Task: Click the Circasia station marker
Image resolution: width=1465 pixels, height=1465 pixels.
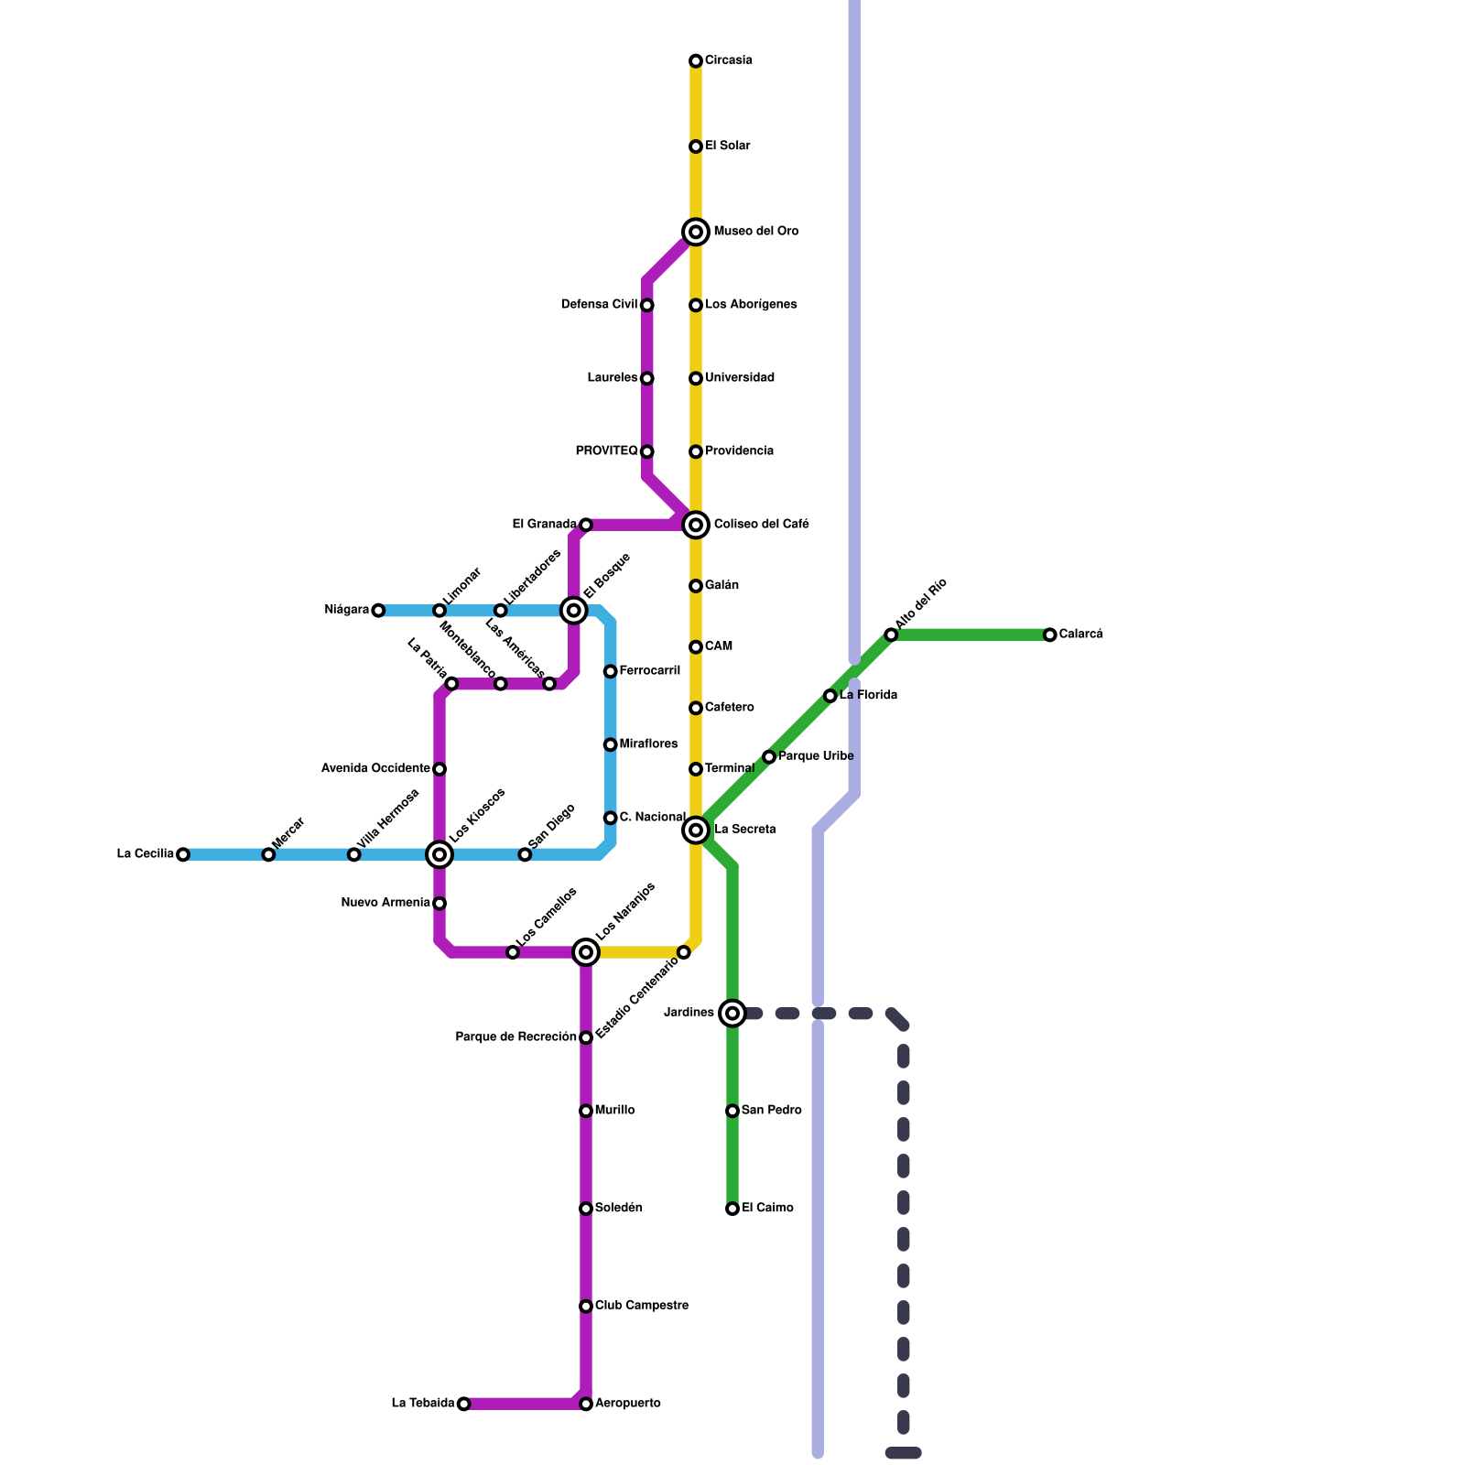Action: tap(696, 61)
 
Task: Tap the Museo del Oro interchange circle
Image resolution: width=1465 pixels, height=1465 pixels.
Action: tap(696, 233)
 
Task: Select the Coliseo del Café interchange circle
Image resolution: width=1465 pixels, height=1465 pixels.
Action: tap(696, 525)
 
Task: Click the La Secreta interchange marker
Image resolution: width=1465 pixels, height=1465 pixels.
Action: tap(696, 830)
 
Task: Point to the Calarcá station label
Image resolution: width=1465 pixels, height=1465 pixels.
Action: tap(1080, 635)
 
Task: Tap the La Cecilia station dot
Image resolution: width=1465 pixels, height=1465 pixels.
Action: tap(183, 855)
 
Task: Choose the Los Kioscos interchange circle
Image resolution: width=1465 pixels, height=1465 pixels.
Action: tap(439, 855)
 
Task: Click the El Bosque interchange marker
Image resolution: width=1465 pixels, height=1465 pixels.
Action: tap(574, 611)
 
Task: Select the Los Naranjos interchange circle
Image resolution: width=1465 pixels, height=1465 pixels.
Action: tap(586, 953)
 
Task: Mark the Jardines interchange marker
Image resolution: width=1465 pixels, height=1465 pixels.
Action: tap(732, 1014)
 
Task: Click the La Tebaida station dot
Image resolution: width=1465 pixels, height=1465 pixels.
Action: tap(464, 1405)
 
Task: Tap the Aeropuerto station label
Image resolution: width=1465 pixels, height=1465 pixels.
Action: tap(627, 1404)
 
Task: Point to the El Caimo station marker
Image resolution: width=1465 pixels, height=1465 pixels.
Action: tap(732, 1210)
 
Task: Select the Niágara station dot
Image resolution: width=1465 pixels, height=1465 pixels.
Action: tap(378, 611)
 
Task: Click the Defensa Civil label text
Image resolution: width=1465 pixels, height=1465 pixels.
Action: tap(599, 305)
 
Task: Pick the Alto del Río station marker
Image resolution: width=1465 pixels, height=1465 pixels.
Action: tap(891, 635)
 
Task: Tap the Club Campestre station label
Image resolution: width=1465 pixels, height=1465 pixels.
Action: tap(641, 1306)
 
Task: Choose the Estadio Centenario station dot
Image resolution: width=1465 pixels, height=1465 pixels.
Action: tap(684, 953)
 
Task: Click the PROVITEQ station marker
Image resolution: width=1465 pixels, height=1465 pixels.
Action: tap(647, 452)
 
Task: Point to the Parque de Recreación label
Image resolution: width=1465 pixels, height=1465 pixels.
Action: tap(515, 1037)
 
